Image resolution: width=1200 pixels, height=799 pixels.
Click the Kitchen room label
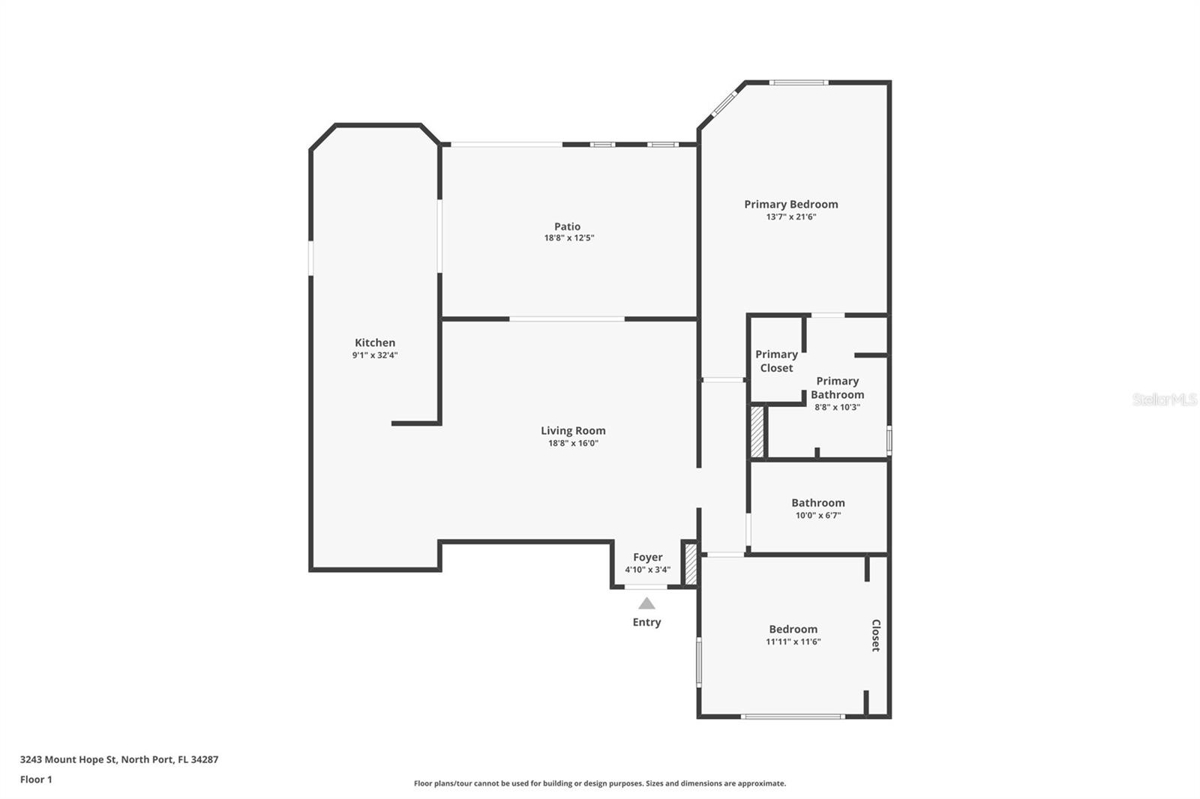coord(375,343)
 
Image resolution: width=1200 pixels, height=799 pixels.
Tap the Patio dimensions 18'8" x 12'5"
coord(569,238)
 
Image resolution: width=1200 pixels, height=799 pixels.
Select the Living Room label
coord(573,430)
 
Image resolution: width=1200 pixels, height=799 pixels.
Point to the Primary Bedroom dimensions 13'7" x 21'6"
coord(791,217)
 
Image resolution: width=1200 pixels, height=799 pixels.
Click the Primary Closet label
coord(777,361)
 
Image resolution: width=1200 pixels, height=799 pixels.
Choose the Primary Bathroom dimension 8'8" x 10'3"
coord(837,407)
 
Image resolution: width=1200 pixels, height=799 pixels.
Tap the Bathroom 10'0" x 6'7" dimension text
coord(818,515)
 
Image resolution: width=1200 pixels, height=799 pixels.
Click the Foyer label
coord(648,557)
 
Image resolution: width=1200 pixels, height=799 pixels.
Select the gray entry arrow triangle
coord(646,603)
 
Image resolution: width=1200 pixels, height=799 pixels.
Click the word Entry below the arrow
coord(646,622)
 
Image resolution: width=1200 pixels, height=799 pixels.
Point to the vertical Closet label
coord(876,635)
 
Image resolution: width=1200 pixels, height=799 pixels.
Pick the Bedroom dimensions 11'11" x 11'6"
coord(793,642)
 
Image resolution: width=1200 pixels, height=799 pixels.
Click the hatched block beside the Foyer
coord(691,564)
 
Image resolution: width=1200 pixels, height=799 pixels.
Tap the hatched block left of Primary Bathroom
coord(757,432)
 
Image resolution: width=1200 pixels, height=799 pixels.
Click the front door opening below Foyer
coord(646,587)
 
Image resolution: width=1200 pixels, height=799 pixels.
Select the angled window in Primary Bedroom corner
coord(724,103)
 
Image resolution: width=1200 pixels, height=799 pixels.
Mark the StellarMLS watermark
coord(1165,399)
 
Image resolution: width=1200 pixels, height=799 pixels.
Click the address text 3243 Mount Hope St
coord(68,759)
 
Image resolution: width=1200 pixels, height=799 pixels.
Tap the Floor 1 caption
coord(36,780)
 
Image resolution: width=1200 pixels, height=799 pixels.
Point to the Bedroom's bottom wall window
coord(793,716)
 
